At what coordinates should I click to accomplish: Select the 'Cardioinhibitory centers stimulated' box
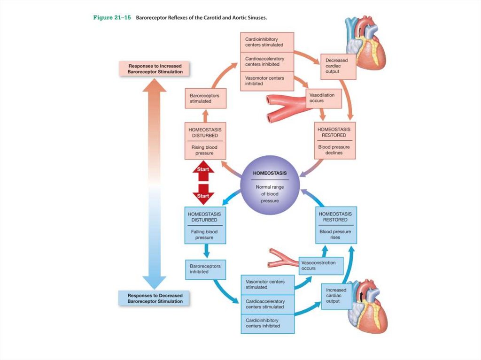(267, 42)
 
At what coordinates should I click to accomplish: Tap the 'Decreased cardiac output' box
(338, 66)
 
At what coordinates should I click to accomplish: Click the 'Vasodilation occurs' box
(323, 98)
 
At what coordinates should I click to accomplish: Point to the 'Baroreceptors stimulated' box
(205, 98)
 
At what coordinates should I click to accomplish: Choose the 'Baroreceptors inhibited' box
(205, 268)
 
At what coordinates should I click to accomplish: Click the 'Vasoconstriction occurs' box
(321, 266)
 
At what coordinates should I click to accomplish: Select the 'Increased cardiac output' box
(336, 296)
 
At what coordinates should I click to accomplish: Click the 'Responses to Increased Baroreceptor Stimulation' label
(155, 69)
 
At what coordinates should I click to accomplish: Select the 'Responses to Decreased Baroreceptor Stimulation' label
(155, 299)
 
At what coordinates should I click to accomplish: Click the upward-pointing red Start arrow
(203, 171)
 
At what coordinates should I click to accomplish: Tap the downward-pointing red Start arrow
(203, 193)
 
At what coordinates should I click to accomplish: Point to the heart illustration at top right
(365, 41)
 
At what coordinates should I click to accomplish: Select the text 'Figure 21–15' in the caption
(112, 18)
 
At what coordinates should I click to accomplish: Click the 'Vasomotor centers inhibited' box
(267, 81)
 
